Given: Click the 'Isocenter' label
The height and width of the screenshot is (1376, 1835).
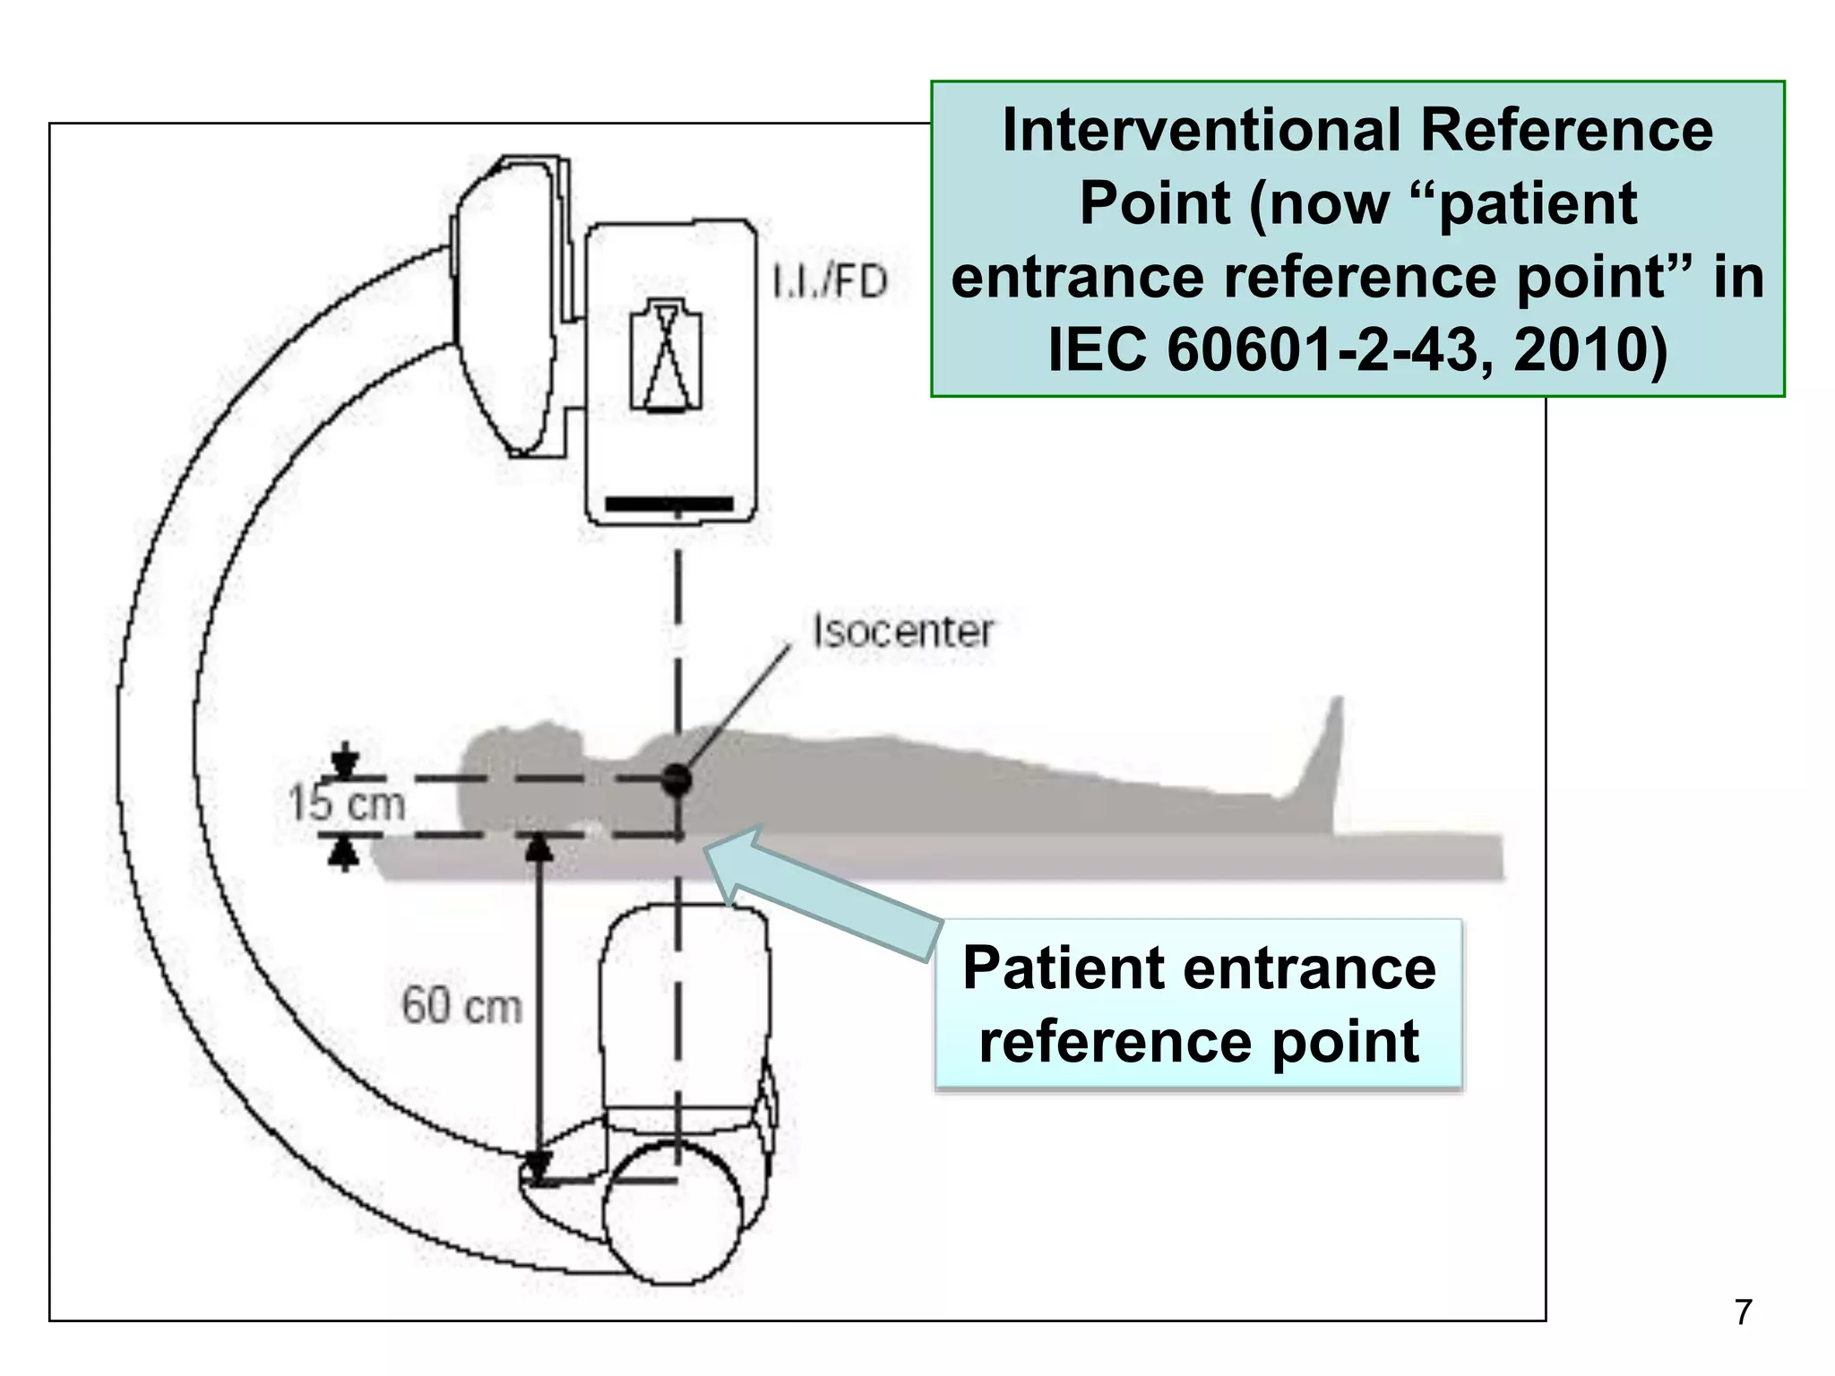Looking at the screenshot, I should pyautogui.click(x=902, y=632).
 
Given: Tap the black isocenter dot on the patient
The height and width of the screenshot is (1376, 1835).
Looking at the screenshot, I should pyautogui.click(x=677, y=779).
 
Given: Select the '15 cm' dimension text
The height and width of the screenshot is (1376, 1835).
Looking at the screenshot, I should pyautogui.click(x=347, y=803).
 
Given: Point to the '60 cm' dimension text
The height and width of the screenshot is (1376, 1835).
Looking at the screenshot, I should pyautogui.click(x=461, y=1005).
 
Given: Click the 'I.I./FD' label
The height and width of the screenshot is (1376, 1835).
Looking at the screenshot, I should pyautogui.click(x=830, y=281).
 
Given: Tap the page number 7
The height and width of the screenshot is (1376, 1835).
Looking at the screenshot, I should pyautogui.click(x=1743, y=1311).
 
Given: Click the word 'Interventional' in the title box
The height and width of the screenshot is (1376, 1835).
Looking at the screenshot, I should pyautogui.click(x=1200, y=131).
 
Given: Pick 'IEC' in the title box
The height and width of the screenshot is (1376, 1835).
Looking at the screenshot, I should pyautogui.click(x=1097, y=349).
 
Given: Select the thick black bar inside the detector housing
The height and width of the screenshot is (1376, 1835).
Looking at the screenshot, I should pyautogui.click(x=669, y=504).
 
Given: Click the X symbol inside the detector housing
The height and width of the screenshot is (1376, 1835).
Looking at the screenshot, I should pyautogui.click(x=667, y=356).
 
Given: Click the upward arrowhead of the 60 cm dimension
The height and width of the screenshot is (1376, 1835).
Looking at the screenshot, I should pyautogui.click(x=538, y=847).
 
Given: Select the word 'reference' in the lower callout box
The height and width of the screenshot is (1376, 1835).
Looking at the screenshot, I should pyautogui.click(x=1115, y=1042).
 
